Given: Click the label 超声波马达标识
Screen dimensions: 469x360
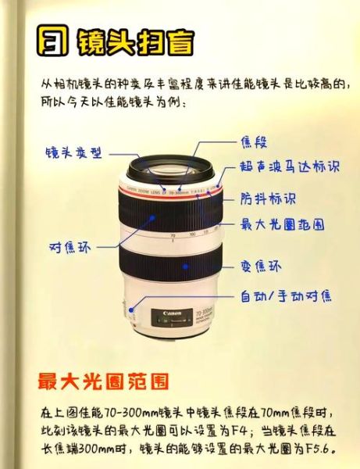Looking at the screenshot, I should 290,166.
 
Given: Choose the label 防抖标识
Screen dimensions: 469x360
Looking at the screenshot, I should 269,199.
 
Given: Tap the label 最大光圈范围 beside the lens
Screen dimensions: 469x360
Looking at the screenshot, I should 282,224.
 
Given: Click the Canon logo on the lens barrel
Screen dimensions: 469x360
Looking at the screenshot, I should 173,314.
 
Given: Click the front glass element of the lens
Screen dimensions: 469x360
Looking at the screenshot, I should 171,166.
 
